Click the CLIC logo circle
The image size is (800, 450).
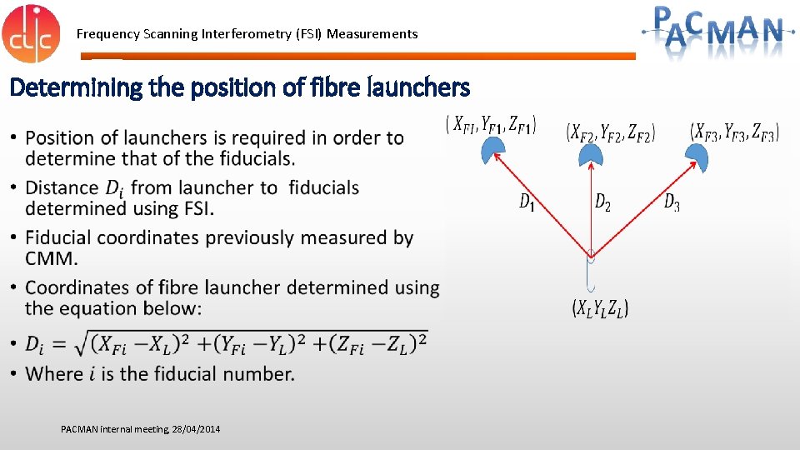coord(31,32)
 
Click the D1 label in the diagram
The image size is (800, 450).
coord(526,202)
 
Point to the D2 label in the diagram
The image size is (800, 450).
coord(602,202)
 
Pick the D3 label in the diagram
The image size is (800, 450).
coord(671,202)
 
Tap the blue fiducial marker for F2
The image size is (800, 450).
coord(591,153)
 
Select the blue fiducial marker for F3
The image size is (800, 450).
coord(697,155)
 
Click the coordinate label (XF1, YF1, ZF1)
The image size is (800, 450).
coord(491,125)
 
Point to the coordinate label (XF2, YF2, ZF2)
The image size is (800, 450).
coord(610,132)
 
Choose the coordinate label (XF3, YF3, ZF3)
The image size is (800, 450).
coord(734,132)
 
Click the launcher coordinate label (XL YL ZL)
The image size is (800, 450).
coord(600,308)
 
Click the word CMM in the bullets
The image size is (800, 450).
coord(50,258)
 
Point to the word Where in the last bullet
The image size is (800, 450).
coord(54,374)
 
